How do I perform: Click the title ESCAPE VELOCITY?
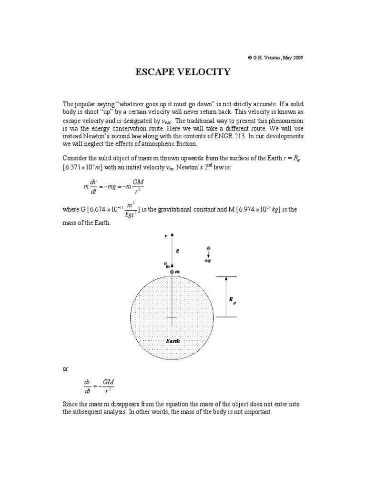[183, 72]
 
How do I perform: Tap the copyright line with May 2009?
[275, 57]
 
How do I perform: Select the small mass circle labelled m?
[172, 272]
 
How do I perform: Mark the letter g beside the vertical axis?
[177, 250]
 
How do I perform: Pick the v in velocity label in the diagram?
[167, 265]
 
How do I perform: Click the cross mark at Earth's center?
[172, 317]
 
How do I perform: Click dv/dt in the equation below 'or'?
[86, 386]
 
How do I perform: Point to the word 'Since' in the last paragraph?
[70, 404]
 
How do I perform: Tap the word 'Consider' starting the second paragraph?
[75, 158]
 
